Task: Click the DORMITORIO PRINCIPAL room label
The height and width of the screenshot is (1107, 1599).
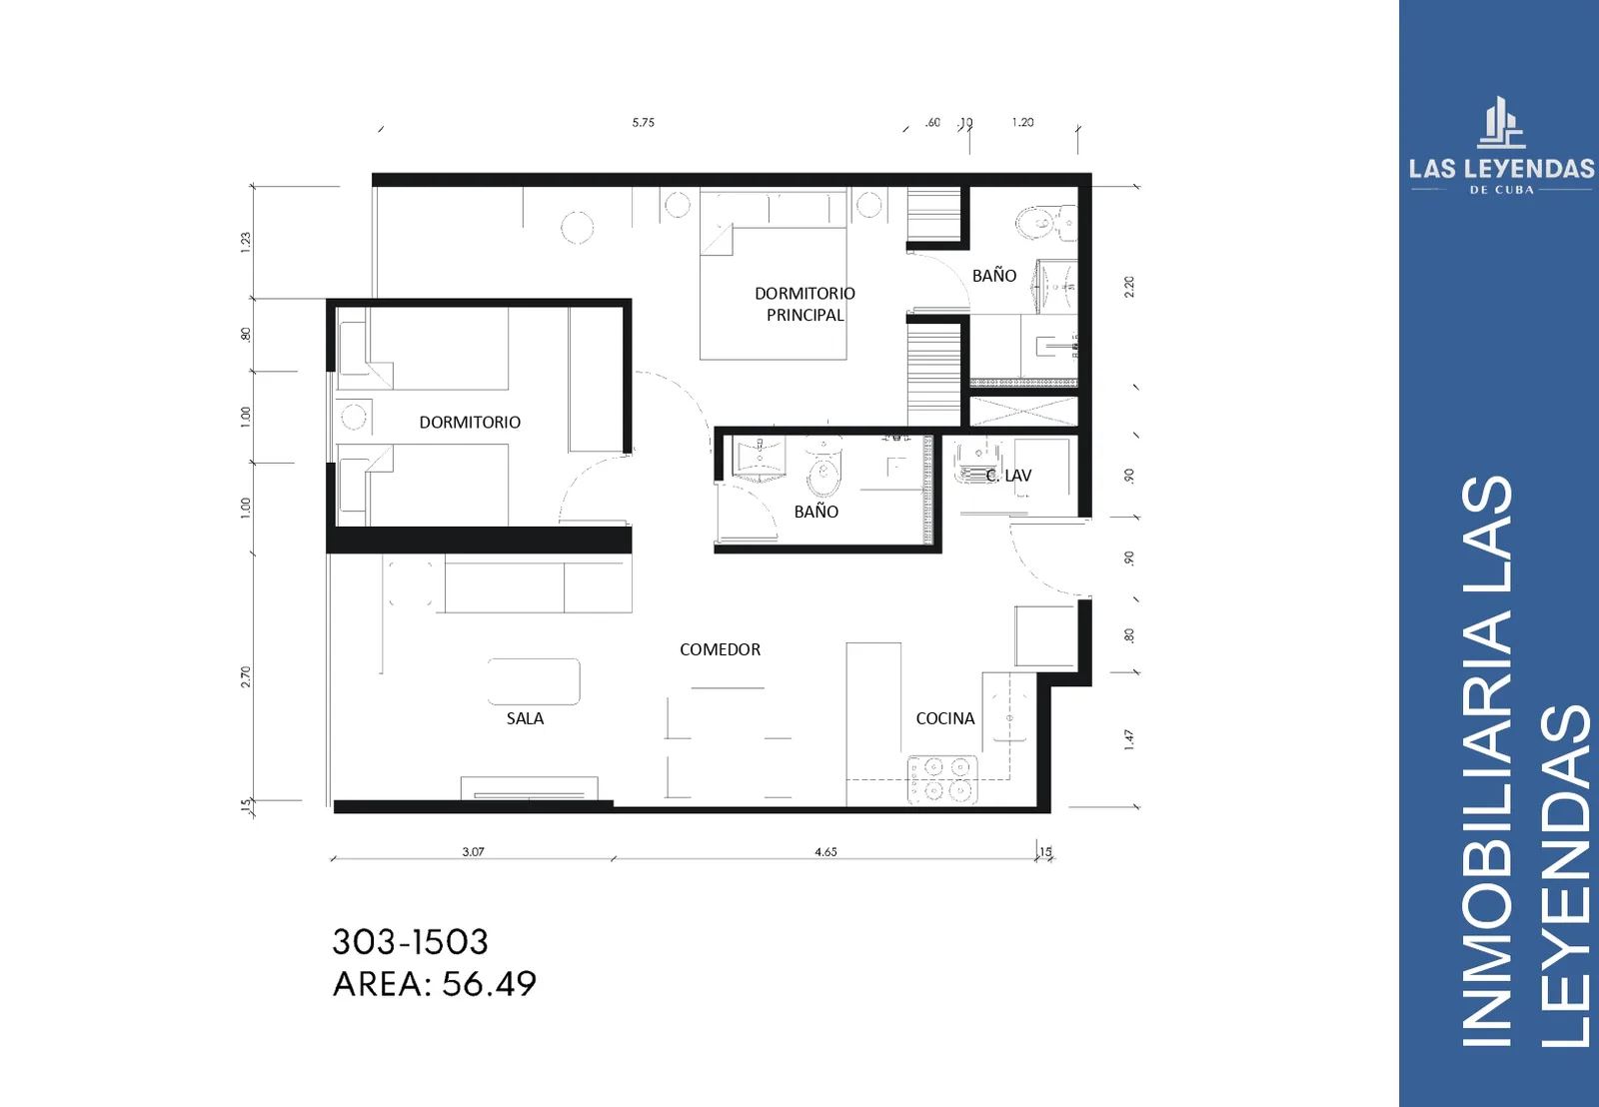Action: [805, 304]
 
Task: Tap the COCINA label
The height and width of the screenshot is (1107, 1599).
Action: [945, 718]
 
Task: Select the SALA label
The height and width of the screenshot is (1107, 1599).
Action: [525, 718]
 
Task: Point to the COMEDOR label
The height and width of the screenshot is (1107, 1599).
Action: [720, 649]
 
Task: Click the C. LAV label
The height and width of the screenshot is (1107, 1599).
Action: [1008, 476]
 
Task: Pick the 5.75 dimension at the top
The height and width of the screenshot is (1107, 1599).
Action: [644, 123]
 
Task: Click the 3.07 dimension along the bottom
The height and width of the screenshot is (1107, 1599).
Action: [474, 851]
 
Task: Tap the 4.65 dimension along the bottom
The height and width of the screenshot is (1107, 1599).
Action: [825, 851]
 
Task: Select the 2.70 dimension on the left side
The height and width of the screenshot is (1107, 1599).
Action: [246, 676]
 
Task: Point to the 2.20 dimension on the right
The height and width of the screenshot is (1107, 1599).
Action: [1128, 287]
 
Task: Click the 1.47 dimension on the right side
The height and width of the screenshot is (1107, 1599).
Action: [1128, 739]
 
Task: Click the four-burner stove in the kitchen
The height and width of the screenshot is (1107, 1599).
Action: [942, 779]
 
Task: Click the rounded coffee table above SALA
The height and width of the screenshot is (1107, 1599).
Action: [534, 681]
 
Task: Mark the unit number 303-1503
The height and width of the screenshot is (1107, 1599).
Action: [411, 942]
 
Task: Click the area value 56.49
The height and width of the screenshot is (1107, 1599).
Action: [489, 984]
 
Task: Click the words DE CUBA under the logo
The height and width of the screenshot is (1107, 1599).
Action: [1501, 190]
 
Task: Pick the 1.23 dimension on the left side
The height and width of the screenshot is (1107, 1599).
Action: [246, 242]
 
